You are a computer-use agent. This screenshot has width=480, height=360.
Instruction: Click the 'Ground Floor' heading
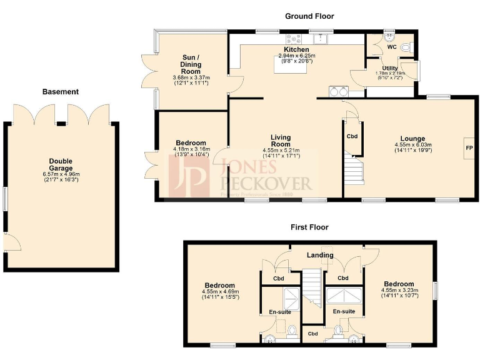(x=309, y=16)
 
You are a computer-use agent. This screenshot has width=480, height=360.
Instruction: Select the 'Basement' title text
(x=61, y=92)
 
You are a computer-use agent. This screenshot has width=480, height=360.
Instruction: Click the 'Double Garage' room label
(x=61, y=164)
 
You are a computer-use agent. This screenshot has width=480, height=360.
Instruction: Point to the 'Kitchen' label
(x=296, y=49)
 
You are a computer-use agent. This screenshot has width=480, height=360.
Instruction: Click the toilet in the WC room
(x=406, y=46)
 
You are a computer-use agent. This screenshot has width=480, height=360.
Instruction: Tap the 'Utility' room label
(x=390, y=67)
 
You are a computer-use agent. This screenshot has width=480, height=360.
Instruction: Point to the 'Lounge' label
(x=412, y=139)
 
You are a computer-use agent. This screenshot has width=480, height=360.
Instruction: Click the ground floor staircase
(x=354, y=169)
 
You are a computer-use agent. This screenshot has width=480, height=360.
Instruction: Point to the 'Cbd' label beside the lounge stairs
(x=352, y=136)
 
